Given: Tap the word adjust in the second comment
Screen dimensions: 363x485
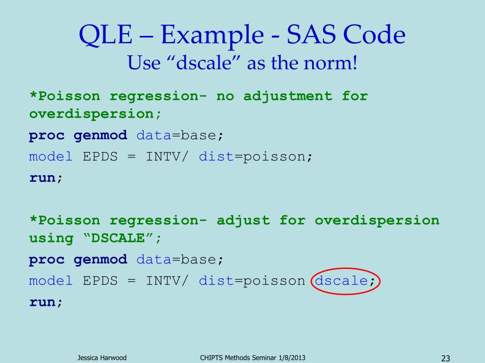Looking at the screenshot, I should coord(243,220).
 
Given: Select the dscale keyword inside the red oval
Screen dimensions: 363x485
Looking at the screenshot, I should coord(341,281).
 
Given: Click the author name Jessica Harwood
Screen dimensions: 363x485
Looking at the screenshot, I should coord(102,358).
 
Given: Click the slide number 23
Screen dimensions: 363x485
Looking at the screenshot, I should coord(445,358).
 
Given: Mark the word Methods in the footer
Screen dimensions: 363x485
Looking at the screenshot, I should coord(238,358).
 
